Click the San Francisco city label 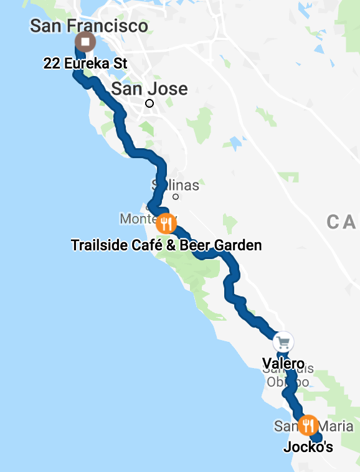(x=89, y=26)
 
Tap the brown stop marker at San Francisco (x=85, y=43)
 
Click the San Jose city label (x=149, y=88)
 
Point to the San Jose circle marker (x=149, y=103)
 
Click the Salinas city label (x=176, y=185)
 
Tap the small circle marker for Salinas (x=176, y=197)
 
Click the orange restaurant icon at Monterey (x=166, y=222)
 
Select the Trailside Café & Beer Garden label (x=166, y=245)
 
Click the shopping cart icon (x=283, y=341)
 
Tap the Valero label (x=283, y=363)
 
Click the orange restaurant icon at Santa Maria (x=307, y=426)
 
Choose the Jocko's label (x=308, y=447)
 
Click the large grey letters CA (x=341, y=221)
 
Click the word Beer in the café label (x=193, y=245)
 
